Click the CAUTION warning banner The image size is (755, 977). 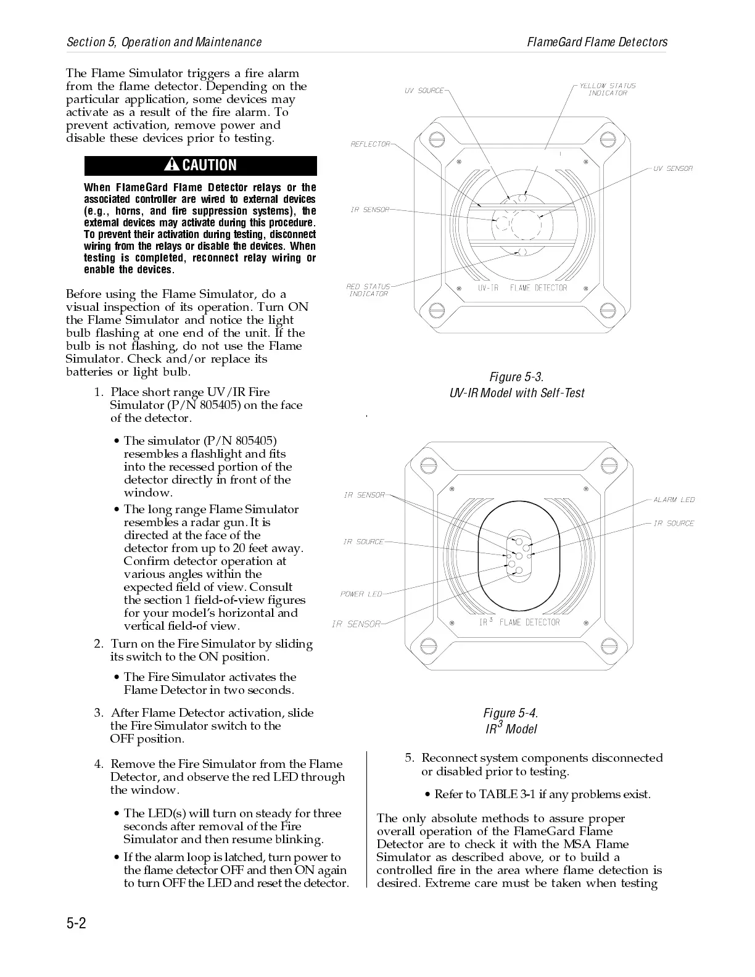coord(200,165)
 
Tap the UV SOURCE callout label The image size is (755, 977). coord(424,91)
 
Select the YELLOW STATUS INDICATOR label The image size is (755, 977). coord(607,89)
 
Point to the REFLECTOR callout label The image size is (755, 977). coord(370,144)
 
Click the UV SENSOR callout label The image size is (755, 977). coord(673,168)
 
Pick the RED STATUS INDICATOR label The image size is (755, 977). coord(368,290)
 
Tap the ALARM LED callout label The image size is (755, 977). coord(674,500)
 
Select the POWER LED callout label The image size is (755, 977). coord(361,594)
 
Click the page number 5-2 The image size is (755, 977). coord(76,923)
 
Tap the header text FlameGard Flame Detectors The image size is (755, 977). coord(597,42)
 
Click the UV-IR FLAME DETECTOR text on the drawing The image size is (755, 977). coord(522,288)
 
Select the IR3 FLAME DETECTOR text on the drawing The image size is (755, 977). coord(519,622)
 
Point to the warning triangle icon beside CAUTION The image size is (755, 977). coord(172,165)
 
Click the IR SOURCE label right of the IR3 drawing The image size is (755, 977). coord(674,523)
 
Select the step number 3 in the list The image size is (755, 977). coord(98,713)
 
